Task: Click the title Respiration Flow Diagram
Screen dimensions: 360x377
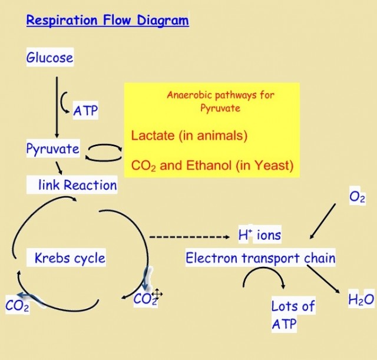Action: click(107, 21)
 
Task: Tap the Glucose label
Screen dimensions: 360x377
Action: click(50, 58)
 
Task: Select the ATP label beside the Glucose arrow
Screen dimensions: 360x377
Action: click(85, 110)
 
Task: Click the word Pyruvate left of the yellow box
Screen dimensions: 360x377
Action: click(52, 148)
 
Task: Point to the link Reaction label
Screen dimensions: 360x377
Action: click(77, 185)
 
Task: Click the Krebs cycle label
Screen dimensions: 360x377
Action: click(70, 257)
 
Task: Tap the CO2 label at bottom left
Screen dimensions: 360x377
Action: click(17, 306)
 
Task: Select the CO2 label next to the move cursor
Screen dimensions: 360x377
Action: click(144, 299)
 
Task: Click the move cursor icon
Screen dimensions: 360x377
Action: click(157, 294)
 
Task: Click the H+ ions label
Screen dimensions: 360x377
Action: click(259, 235)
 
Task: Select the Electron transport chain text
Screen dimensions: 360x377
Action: click(260, 257)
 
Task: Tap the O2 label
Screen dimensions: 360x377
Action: click(357, 197)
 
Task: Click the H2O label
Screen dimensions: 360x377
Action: click(361, 300)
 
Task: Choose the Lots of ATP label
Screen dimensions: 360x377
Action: click(292, 315)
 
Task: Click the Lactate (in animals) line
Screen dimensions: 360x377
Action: click(189, 136)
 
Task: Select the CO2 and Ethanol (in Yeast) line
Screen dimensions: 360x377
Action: click(212, 165)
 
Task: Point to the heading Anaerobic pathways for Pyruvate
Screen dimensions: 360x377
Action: click(220, 101)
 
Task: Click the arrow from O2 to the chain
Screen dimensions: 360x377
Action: click(320, 223)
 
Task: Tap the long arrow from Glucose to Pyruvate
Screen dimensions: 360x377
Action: click(57, 106)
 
